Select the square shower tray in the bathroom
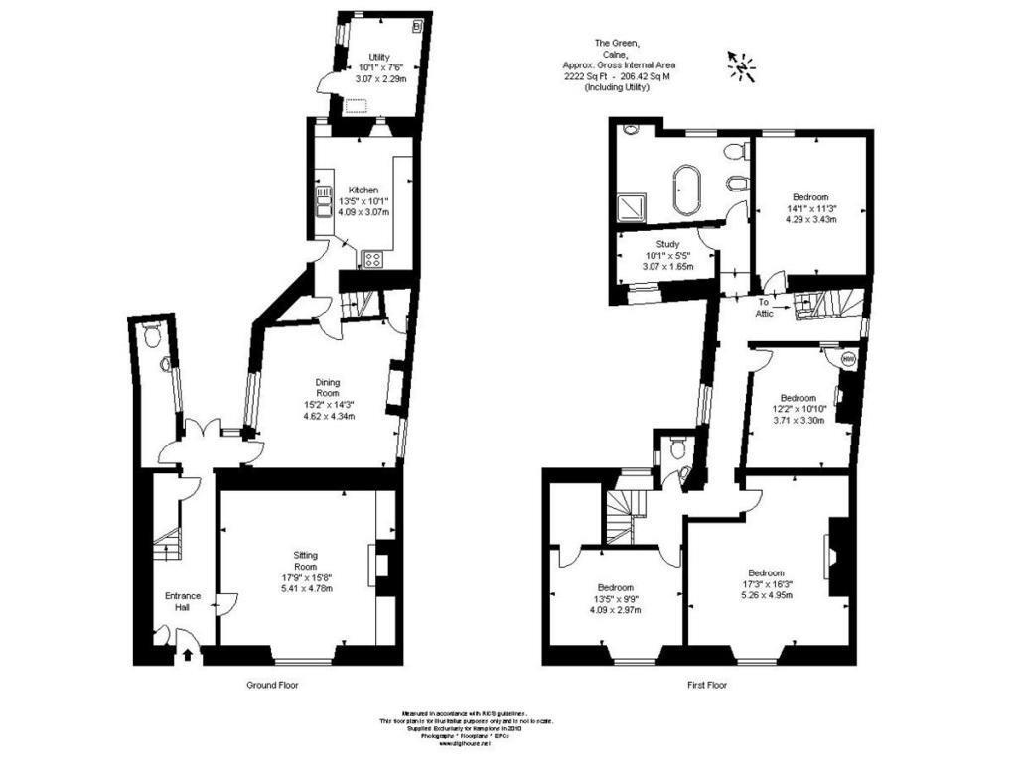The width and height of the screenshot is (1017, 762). tap(631, 206)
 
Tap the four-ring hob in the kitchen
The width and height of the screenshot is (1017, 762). tap(373, 259)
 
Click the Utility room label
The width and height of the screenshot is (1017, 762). tap(378, 57)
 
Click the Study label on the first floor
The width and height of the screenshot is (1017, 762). tap(666, 245)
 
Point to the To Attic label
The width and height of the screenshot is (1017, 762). tap(764, 307)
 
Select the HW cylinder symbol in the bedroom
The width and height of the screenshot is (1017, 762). tap(847, 357)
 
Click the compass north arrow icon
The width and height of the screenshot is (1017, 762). tap(741, 65)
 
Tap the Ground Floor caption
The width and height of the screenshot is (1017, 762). tap(272, 685)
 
